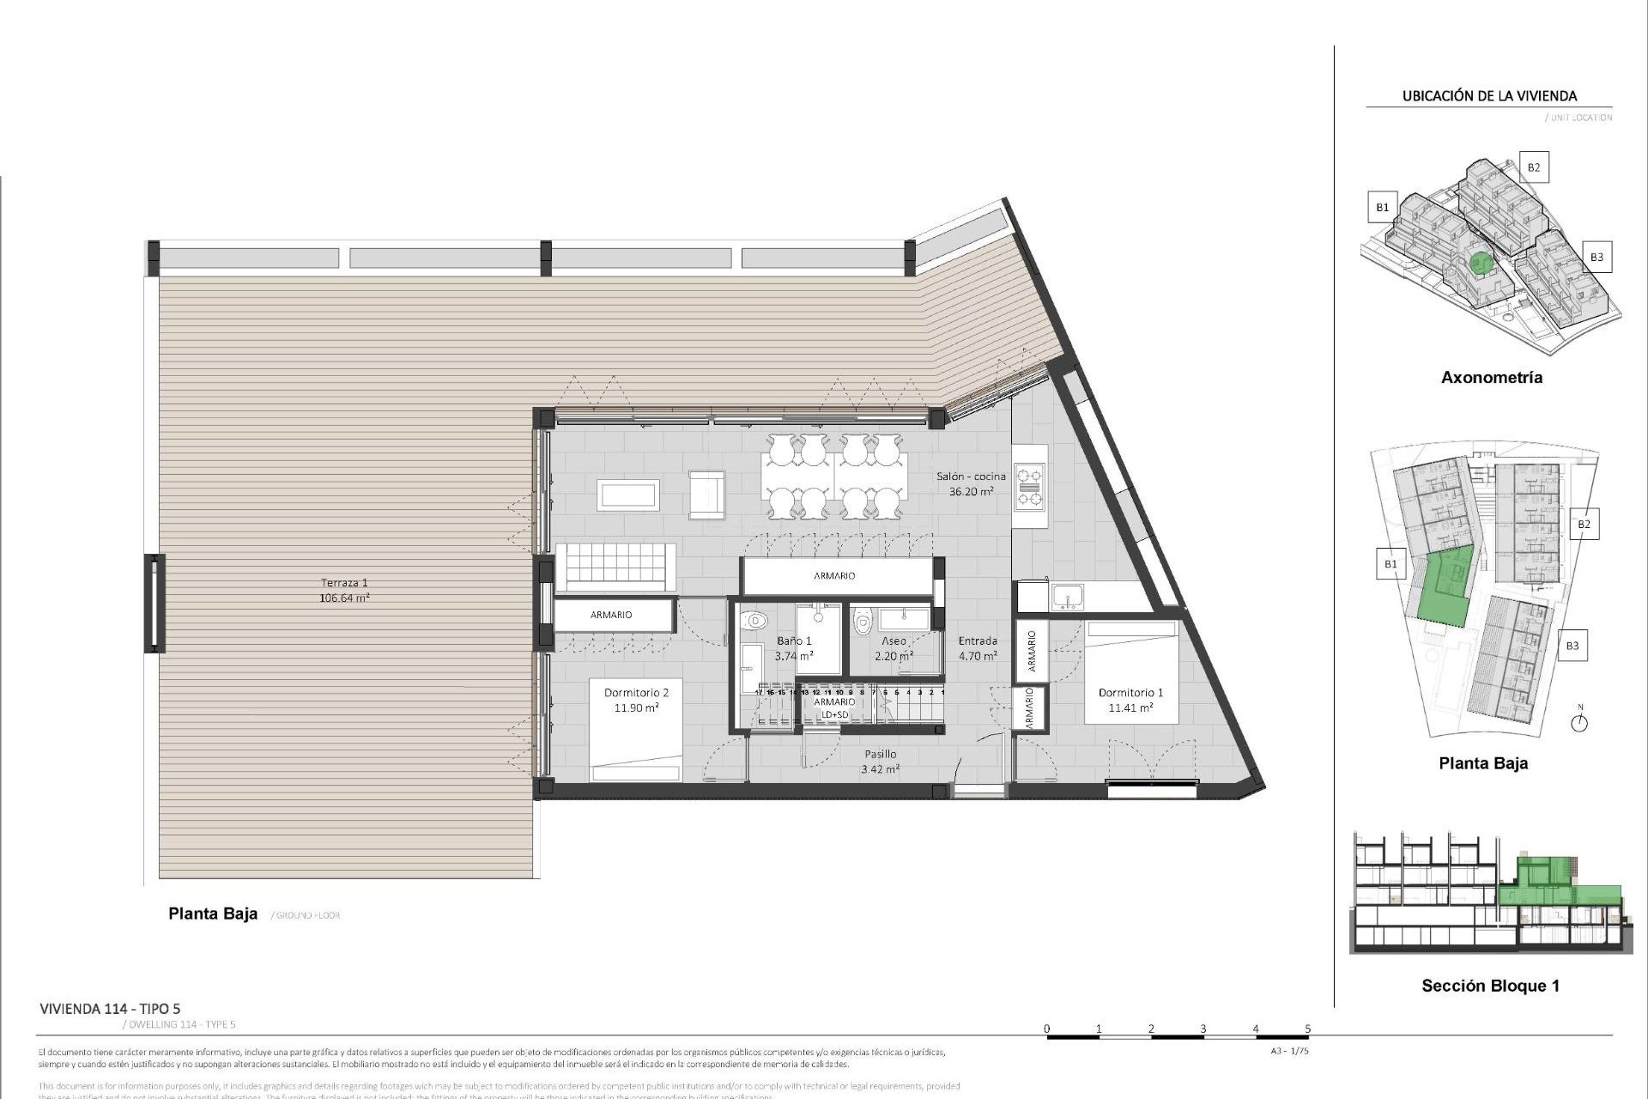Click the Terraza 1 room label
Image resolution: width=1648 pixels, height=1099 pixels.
tap(344, 583)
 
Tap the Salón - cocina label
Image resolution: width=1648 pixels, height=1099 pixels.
tap(971, 477)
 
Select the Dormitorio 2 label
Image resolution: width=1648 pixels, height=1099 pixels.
tap(636, 693)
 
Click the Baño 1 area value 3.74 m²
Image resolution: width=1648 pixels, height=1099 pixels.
tap(794, 656)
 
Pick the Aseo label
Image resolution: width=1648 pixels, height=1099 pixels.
tap(894, 641)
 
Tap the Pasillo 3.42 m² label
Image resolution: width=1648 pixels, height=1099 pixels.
tap(880, 762)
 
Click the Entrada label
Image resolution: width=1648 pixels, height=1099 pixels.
tap(978, 641)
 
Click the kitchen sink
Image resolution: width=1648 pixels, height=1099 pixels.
tap(1069, 597)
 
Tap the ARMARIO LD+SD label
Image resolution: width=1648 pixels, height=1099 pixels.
tap(834, 708)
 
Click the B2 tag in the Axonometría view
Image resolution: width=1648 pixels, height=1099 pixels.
tap(1533, 167)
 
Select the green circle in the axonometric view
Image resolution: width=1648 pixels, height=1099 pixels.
tap(1478, 262)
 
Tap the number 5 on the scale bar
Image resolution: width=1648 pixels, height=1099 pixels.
tap(1307, 1029)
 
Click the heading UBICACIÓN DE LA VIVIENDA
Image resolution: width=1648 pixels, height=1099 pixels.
tap(1489, 96)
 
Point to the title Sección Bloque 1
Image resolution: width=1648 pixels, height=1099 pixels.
tap(1490, 986)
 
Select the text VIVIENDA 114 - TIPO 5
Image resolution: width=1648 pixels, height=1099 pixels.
tap(110, 1009)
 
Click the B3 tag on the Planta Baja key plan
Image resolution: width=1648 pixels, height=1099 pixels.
tap(1572, 646)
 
